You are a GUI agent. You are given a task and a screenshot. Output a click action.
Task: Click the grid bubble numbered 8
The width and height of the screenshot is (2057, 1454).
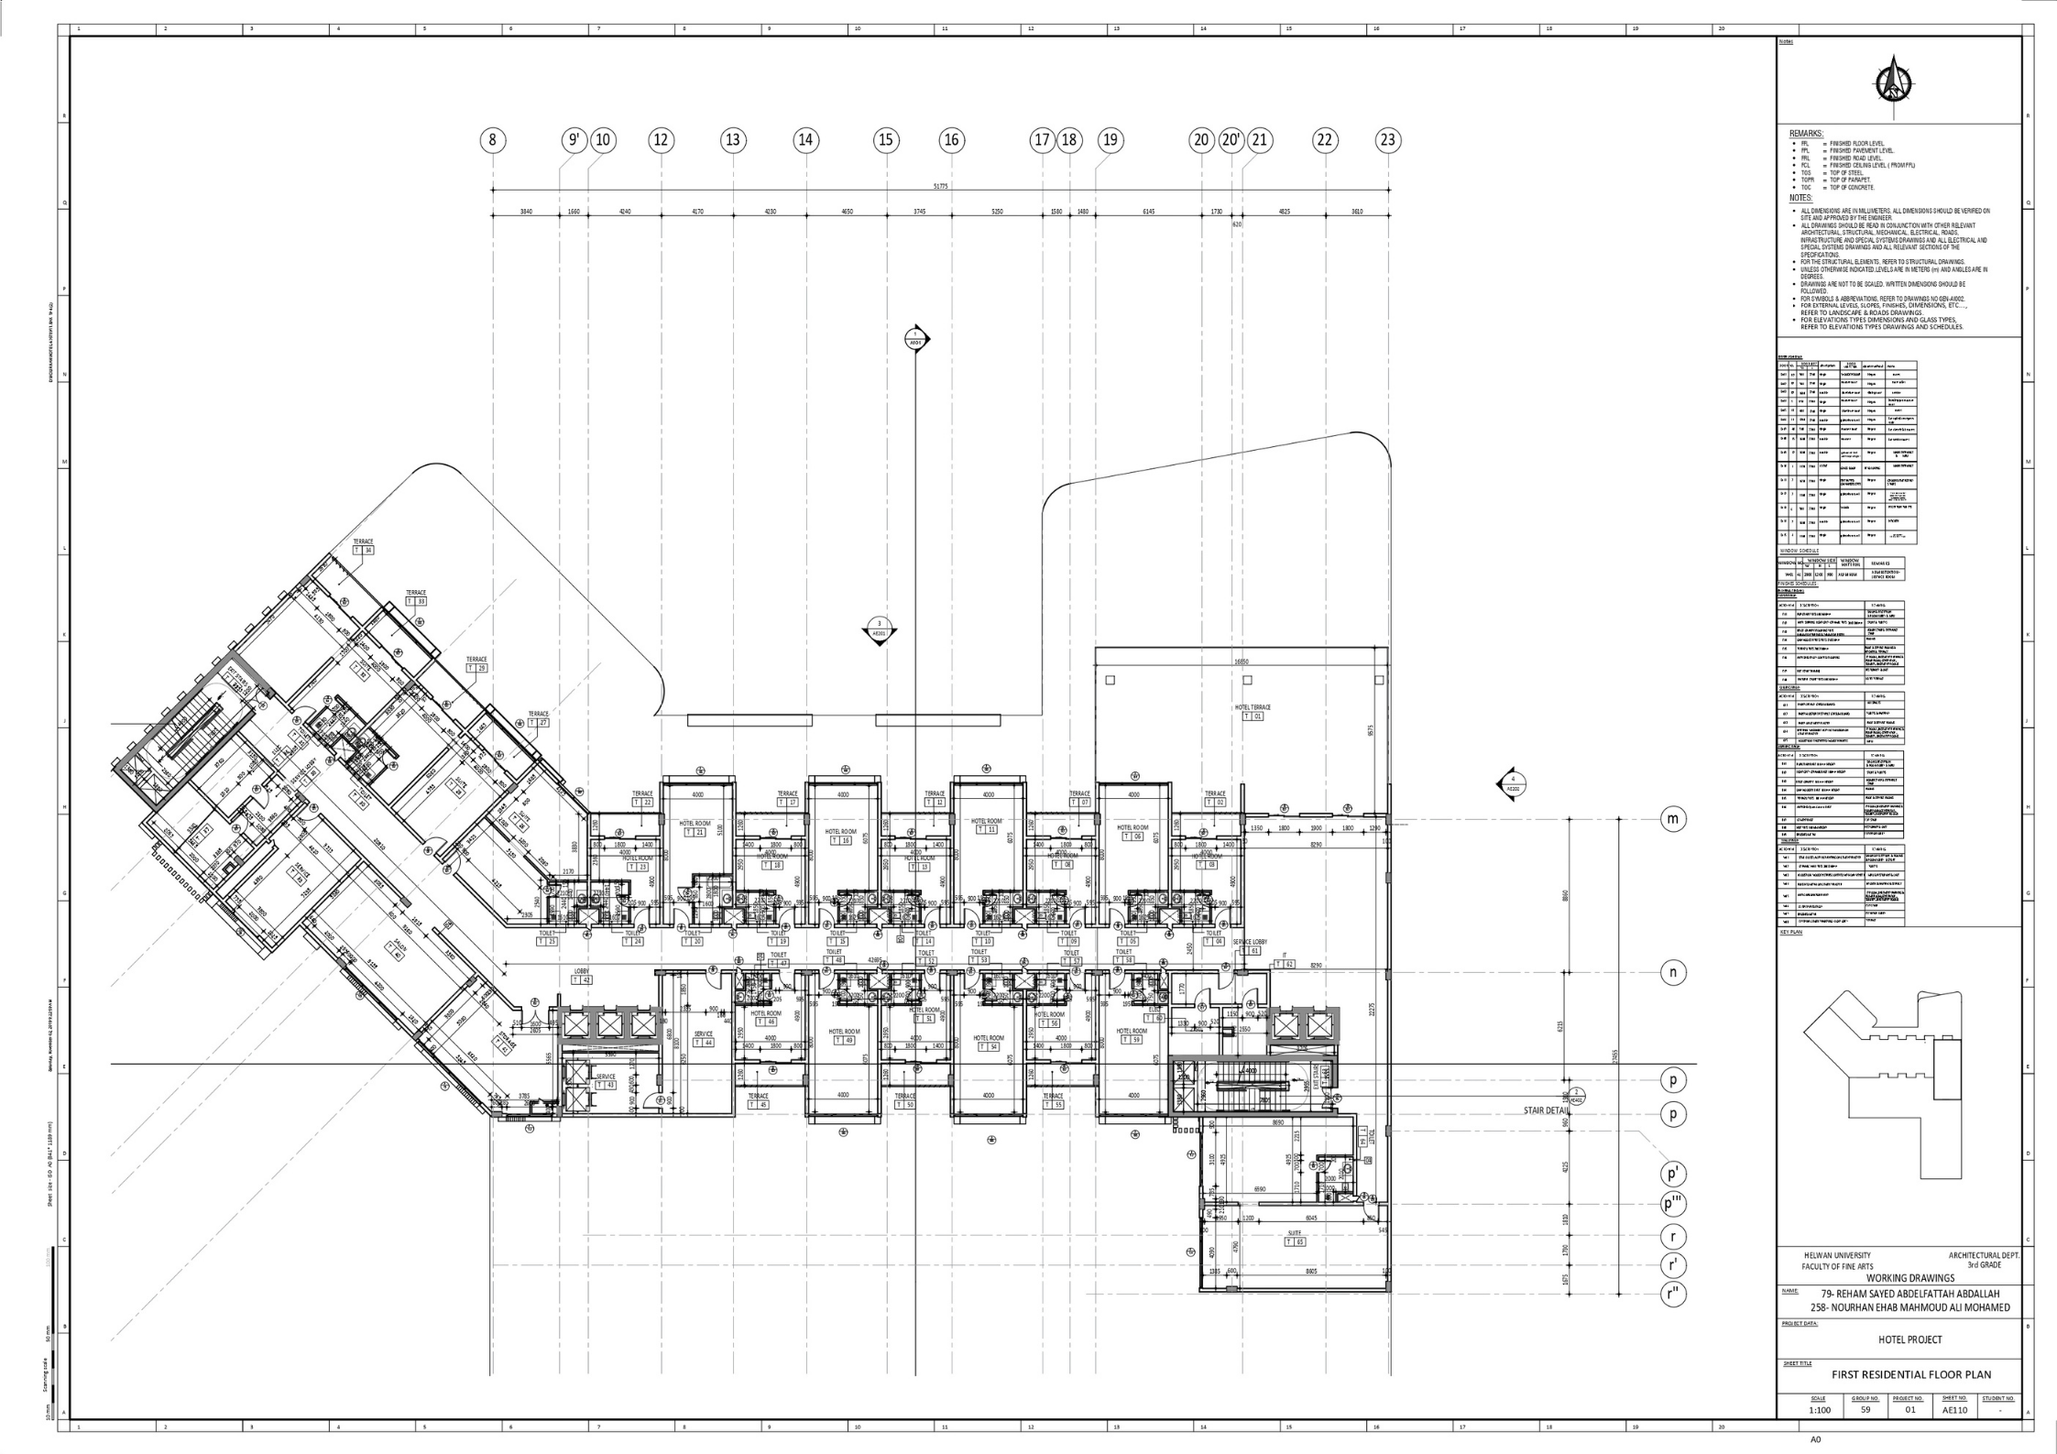click(493, 140)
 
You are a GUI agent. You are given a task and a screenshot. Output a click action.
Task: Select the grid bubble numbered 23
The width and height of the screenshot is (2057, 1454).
click(1388, 140)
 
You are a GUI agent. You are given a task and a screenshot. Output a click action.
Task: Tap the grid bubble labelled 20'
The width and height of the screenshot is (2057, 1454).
click(1231, 140)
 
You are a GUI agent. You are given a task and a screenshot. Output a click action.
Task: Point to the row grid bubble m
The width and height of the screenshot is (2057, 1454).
click(1673, 819)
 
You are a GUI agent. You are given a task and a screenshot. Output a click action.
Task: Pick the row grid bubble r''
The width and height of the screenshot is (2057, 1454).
click(1673, 1295)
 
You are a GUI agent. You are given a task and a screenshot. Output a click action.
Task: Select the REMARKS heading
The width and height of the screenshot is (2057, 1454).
click(1806, 134)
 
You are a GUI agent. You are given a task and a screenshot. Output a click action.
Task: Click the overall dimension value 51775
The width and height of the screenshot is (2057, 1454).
click(941, 186)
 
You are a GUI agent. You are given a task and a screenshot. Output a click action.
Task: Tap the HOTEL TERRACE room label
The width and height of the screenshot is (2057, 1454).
click(1253, 707)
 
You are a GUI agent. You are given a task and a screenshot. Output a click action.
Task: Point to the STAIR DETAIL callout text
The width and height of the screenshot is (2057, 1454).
click(1546, 1110)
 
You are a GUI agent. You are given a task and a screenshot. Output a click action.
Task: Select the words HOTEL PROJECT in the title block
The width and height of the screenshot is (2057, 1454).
click(1910, 1339)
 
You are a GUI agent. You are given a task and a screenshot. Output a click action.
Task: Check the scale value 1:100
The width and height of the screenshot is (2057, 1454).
click(1819, 1410)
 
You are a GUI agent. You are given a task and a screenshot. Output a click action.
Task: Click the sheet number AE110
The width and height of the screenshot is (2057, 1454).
click(1954, 1410)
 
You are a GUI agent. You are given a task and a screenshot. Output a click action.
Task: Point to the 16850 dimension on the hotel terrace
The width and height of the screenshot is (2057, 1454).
click(1242, 661)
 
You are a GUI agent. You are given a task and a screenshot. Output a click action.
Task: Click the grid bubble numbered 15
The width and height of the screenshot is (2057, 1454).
click(885, 140)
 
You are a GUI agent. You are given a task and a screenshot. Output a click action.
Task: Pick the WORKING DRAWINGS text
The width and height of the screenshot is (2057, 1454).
click(1910, 1277)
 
